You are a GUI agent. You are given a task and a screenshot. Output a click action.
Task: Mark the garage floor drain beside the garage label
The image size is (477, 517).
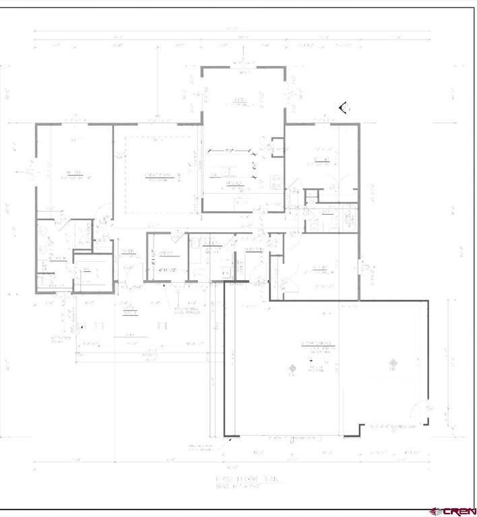[292, 368]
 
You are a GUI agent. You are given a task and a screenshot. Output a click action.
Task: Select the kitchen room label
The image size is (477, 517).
[234, 182]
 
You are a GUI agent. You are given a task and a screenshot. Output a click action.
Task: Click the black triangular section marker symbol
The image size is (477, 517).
[344, 107]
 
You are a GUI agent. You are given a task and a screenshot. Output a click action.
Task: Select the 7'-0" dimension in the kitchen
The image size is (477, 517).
[232, 149]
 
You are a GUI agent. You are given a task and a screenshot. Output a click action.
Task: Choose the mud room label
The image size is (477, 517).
[254, 248]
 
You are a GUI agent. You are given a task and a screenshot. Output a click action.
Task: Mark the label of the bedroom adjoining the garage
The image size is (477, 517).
[321, 269]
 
